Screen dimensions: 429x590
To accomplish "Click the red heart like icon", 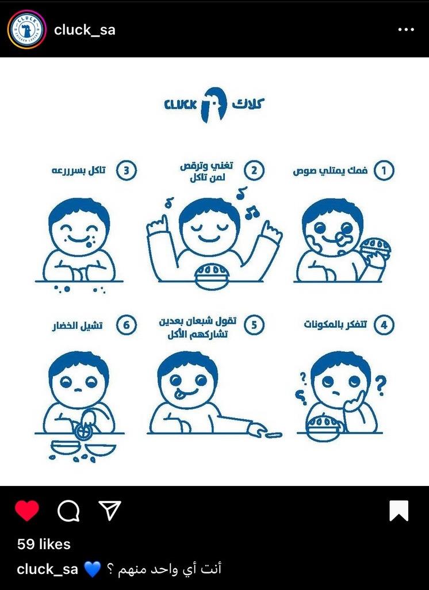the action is [x=26, y=511].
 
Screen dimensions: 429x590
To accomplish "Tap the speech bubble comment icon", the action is [x=68, y=511].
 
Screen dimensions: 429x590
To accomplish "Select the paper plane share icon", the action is [x=109, y=510].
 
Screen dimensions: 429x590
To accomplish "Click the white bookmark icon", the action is [x=399, y=511].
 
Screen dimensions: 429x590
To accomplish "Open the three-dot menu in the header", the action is [x=406, y=29].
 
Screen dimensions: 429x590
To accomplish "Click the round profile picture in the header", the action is [x=26, y=29].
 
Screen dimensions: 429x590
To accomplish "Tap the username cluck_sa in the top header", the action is [x=85, y=30].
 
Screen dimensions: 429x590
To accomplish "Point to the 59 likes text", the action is [x=44, y=544].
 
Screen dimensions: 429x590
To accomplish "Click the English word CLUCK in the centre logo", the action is [x=180, y=104].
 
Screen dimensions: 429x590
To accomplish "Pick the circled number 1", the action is [x=384, y=170].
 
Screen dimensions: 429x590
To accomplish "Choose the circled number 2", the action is [x=254, y=170].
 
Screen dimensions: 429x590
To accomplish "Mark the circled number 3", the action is [x=127, y=170].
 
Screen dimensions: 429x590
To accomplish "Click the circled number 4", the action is [x=384, y=325].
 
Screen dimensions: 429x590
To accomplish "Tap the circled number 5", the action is [x=254, y=325].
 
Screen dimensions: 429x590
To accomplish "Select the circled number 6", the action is [x=127, y=325].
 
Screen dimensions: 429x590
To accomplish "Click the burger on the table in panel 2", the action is [x=211, y=276].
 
